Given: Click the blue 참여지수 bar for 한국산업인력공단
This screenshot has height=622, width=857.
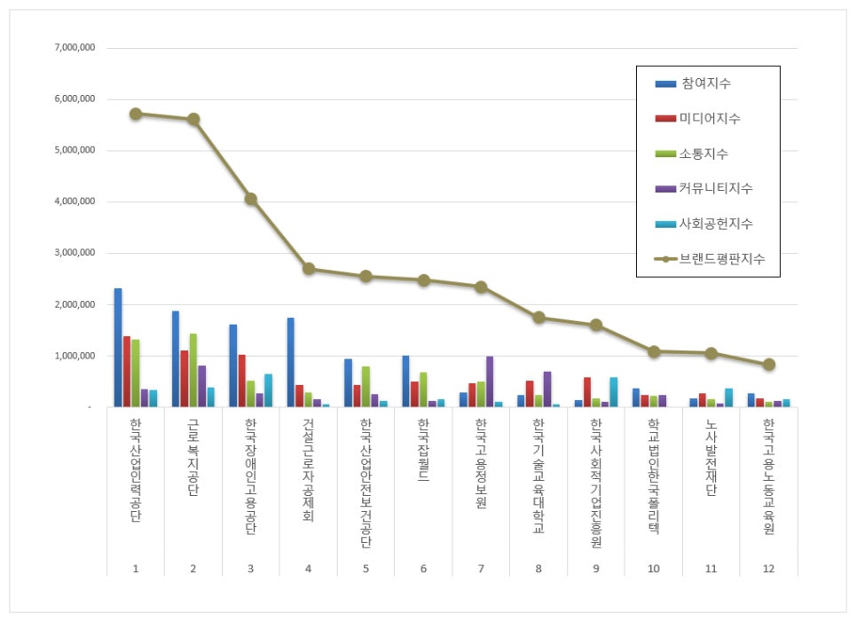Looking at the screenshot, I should pyautogui.click(x=118, y=348).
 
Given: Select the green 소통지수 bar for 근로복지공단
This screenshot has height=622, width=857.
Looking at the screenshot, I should pyautogui.click(x=193, y=371).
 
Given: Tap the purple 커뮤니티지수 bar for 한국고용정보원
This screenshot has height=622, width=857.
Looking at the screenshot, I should pyautogui.click(x=490, y=382).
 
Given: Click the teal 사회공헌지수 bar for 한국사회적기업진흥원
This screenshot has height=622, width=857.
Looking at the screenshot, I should pyautogui.click(x=613, y=392).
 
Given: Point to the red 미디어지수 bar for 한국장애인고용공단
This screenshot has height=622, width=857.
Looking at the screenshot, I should pyautogui.click(x=241, y=381).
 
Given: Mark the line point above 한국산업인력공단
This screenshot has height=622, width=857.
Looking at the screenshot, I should pyautogui.click(x=135, y=114).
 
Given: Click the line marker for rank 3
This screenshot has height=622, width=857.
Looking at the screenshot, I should pyautogui.click(x=251, y=199).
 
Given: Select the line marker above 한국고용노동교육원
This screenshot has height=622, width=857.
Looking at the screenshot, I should pyautogui.click(x=768, y=364).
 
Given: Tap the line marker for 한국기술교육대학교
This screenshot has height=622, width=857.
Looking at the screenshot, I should pyautogui.click(x=539, y=318).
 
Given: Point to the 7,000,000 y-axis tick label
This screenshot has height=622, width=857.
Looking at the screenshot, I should pyautogui.click(x=75, y=48).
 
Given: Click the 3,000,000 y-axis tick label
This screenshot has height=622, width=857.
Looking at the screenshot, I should pyautogui.click(x=75, y=254).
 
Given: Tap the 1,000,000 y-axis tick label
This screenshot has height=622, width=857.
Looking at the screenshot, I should pyautogui.click(x=75, y=357).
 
